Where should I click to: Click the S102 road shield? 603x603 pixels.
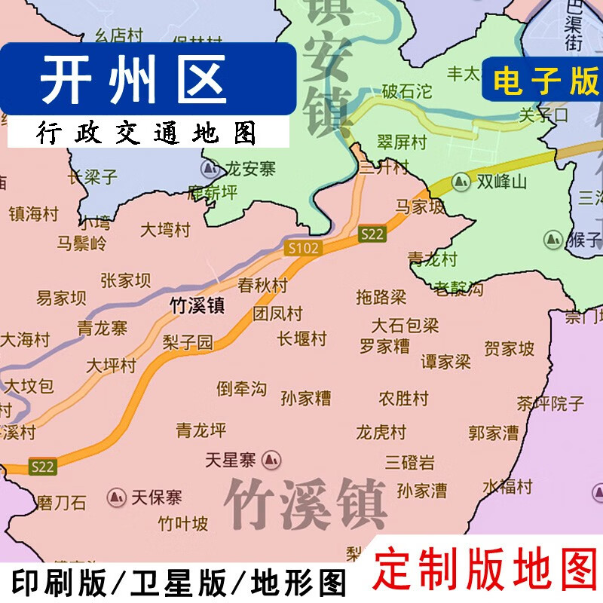(x=303, y=247)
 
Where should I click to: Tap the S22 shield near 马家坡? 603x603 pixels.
(x=372, y=234)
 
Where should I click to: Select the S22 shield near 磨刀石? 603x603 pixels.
(x=43, y=467)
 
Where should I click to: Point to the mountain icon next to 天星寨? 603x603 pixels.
(x=272, y=458)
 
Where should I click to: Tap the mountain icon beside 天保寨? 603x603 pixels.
(x=117, y=497)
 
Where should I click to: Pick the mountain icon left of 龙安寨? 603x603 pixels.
(x=209, y=168)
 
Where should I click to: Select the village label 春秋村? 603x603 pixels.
(x=262, y=286)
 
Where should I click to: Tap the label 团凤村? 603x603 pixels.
(x=277, y=314)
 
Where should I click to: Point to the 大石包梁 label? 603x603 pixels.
(x=405, y=326)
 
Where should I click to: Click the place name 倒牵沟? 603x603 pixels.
(x=242, y=389)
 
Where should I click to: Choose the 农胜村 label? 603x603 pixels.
(x=403, y=397)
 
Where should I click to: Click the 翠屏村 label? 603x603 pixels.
(x=402, y=141)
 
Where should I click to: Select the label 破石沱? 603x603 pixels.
(x=406, y=92)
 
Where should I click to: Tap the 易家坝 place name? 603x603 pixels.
(x=62, y=298)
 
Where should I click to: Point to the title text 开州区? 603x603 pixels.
(x=133, y=81)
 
